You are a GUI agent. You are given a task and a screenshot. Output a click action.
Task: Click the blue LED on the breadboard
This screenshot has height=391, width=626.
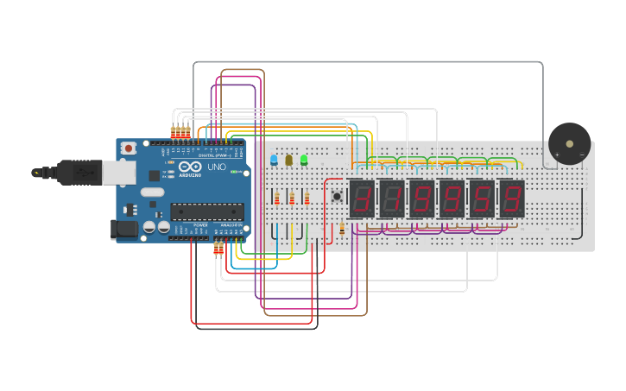[x=274, y=160]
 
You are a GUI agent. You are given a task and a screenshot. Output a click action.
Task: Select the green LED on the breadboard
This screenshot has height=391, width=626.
[x=304, y=160]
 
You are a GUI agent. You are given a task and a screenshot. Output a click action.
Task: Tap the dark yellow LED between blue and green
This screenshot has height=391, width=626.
[x=288, y=160]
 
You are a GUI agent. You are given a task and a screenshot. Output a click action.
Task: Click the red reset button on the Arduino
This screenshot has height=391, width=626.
[x=129, y=148]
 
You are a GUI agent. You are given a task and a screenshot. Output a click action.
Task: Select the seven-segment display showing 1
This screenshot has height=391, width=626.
[x=392, y=199]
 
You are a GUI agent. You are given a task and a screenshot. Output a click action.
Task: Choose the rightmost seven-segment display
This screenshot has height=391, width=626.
[x=512, y=199]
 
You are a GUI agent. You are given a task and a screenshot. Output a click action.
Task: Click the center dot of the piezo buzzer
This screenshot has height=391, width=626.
[x=569, y=143]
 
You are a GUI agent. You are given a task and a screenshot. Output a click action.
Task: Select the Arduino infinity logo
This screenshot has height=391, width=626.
[x=192, y=167]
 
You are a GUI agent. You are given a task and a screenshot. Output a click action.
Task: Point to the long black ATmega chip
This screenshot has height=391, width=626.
[x=206, y=211]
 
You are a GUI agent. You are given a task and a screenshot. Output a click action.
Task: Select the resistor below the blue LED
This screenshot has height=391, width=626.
[x=277, y=199]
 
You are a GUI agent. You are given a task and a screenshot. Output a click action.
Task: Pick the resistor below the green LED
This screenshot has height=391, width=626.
[x=307, y=199]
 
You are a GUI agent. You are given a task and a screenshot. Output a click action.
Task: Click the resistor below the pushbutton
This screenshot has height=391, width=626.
[x=342, y=229]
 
